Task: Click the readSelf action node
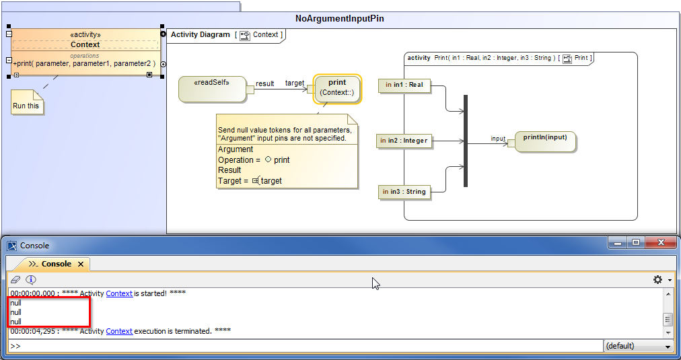[x=212, y=89]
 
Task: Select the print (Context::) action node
[x=337, y=88]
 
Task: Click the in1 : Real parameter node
[x=404, y=85]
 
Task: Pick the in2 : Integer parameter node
[x=403, y=141]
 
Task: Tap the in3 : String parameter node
[x=404, y=192]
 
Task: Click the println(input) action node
[x=545, y=141]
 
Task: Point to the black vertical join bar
[x=465, y=141]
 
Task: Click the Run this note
[x=26, y=105]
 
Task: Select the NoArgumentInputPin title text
[x=340, y=19]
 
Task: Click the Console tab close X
[x=81, y=264]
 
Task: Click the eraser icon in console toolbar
[x=15, y=280]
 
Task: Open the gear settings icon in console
[x=657, y=280]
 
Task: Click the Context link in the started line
[x=119, y=293]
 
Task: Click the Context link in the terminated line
[x=119, y=331]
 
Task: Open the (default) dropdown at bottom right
[x=638, y=346]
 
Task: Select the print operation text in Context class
[x=84, y=63]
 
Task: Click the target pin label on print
[x=295, y=83]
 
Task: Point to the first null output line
[x=15, y=303]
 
